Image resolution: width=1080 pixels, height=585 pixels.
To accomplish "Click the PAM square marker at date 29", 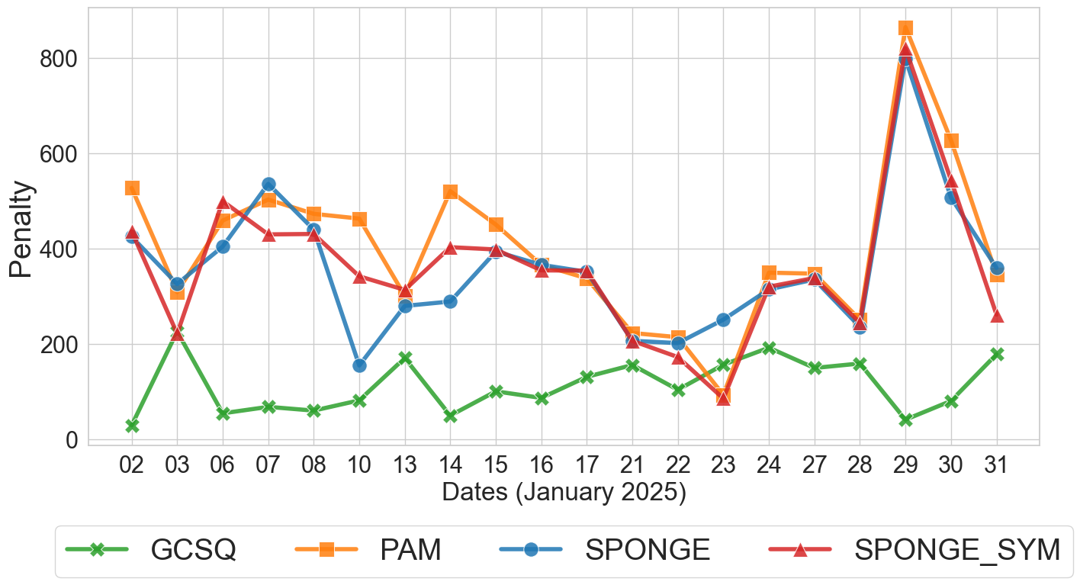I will tap(905, 29).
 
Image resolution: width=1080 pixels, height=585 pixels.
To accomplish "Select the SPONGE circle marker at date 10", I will tap(359, 365).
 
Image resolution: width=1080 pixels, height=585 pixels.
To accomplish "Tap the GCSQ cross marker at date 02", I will tap(132, 426).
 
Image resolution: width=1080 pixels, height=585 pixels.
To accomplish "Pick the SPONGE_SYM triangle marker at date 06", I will tap(223, 203).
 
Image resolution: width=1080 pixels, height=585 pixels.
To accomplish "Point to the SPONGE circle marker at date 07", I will tap(268, 185).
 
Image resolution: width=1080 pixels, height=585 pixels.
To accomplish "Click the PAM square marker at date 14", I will tap(450, 191).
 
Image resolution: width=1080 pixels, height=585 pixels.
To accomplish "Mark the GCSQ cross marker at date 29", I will tap(905, 420).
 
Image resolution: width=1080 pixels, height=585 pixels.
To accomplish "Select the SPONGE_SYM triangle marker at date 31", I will tap(996, 316).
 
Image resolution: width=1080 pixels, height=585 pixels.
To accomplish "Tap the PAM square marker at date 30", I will tap(951, 140).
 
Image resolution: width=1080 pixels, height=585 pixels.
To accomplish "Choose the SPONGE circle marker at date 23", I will tap(723, 320).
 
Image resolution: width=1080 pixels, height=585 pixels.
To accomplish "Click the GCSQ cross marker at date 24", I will tap(769, 348).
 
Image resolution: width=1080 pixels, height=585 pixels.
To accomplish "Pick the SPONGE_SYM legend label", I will tap(957, 550).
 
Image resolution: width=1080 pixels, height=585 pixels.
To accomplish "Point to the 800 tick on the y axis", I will tap(63, 59).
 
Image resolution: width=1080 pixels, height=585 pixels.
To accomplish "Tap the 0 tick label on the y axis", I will tap(72, 440).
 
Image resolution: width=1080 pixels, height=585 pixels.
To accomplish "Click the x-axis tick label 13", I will tap(405, 465).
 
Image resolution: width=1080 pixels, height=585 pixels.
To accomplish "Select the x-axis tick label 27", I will tap(815, 465).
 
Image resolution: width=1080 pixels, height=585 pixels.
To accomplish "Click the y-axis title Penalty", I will tap(22, 229).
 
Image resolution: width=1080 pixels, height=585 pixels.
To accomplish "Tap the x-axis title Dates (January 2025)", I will tap(564, 493).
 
